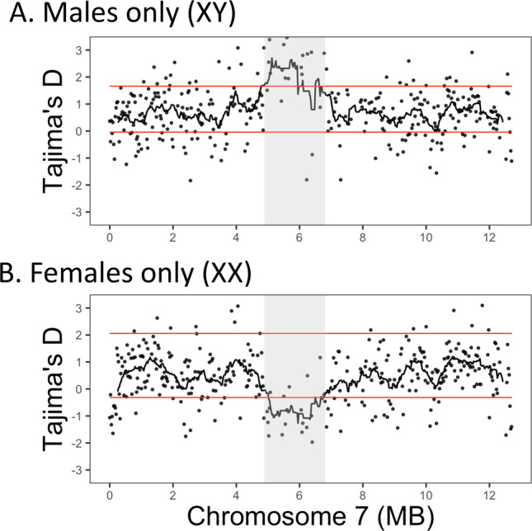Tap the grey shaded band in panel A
click(294, 181)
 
